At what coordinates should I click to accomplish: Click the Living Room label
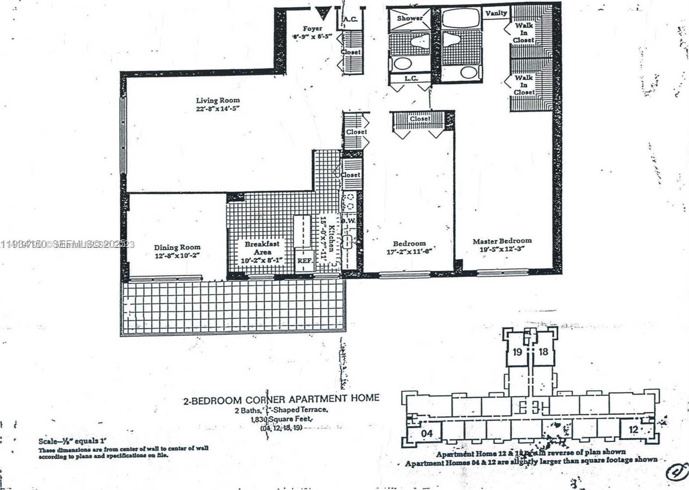coord(218,100)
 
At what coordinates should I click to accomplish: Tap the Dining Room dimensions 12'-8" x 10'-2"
coord(177,256)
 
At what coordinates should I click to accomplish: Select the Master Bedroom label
coord(502,241)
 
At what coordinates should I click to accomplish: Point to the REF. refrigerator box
coord(304,261)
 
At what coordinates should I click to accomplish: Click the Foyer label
coord(312,28)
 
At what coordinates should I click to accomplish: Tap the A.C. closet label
coord(350,19)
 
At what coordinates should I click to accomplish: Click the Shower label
coord(410,18)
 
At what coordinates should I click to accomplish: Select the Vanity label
coord(496,13)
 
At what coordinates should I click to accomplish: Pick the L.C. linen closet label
coord(411,78)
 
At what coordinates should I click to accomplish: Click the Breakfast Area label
coord(262,248)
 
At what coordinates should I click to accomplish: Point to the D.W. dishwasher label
coord(348,221)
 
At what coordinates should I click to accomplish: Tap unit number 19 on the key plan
coord(517,352)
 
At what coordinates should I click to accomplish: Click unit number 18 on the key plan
coord(543,352)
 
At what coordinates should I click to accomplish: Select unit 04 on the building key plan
coord(427,433)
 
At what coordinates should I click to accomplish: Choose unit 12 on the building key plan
coord(634,430)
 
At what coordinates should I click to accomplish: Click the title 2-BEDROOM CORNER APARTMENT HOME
coord(281,399)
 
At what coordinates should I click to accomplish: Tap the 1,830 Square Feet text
coord(281,419)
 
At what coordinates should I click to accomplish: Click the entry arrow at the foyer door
coord(322,13)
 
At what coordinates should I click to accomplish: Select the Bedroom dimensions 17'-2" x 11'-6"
coord(409,252)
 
